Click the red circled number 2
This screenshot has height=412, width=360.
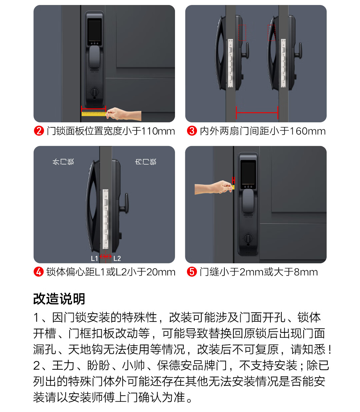click(x=39, y=131)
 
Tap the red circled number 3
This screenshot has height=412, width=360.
click(x=192, y=131)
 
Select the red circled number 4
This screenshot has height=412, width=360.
click(x=39, y=272)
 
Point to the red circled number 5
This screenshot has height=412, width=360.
click(x=192, y=272)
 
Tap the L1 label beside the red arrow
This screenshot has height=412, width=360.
click(x=94, y=258)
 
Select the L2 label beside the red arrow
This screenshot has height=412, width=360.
click(x=117, y=258)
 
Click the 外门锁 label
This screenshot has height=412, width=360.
click(x=63, y=162)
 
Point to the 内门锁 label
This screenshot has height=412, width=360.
click(x=146, y=162)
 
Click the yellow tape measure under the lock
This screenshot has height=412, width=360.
click(x=94, y=114)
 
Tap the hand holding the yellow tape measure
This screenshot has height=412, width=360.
click(x=123, y=114)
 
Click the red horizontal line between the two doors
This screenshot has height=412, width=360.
click(x=257, y=113)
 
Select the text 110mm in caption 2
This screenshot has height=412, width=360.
click(x=158, y=131)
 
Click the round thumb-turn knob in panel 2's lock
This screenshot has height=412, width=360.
click(x=94, y=92)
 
